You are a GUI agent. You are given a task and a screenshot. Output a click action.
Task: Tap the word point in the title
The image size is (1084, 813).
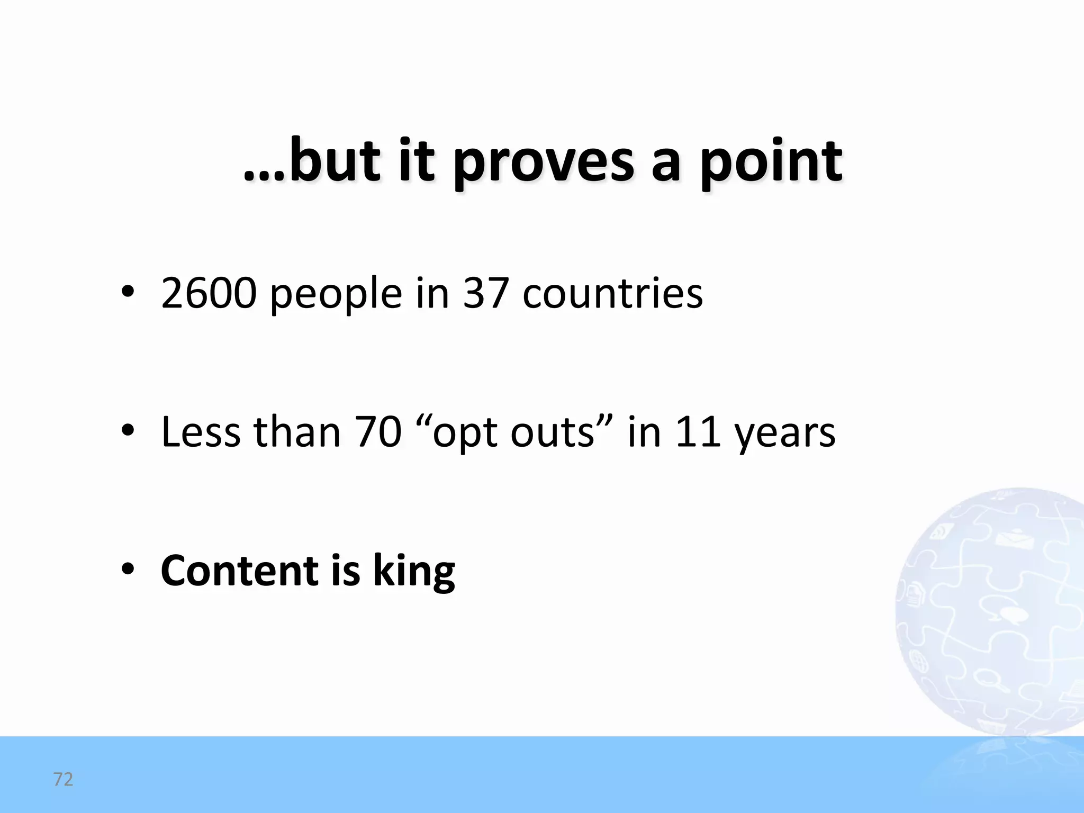pyautogui.click(x=771, y=161)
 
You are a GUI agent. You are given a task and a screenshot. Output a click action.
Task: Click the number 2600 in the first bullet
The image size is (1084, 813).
pyautogui.click(x=209, y=293)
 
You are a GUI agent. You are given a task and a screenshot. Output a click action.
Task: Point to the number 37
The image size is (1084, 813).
pyautogui.click(x=486, y=293)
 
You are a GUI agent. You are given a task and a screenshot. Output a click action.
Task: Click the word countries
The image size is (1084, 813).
pyautogui.click(x=612, y=293)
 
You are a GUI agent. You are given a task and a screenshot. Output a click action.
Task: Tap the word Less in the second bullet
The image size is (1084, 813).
pyautogui.click(x=201, y=432)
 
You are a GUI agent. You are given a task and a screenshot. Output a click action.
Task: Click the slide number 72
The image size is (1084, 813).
pyautogui.click(x=63, y=779)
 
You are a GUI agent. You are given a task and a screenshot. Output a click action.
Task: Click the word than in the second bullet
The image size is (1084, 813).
pyautogui.click(x=297, y=432)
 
